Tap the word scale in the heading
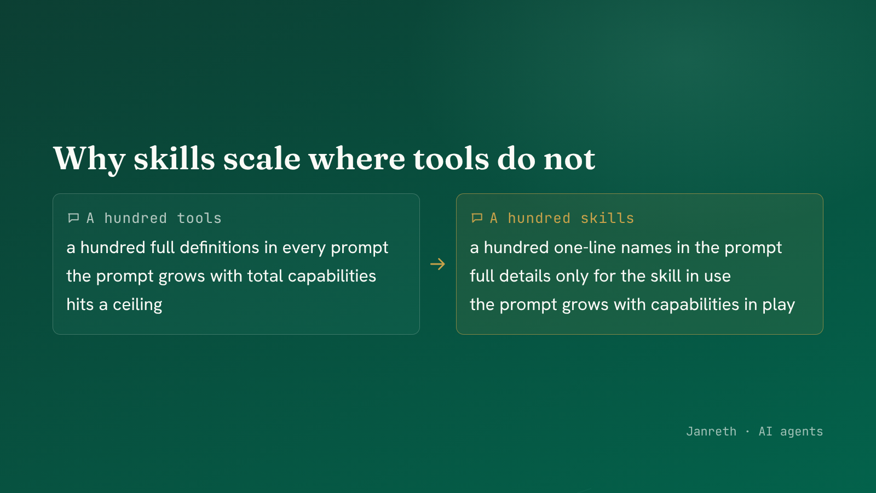click(x=262, y=158)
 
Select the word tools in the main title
click(x=451, y=158)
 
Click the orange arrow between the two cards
click(x=437, y=264)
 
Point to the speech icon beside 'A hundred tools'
click(x=73, y=218)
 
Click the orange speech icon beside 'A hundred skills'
click(x=477, y=218)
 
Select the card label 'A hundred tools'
click(x=154, y=218)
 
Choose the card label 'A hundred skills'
click(x=562, y=218)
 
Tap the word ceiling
click(x=137, y=305)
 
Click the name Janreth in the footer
click(x=711, y=431)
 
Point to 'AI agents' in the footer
click(x=791, y=432)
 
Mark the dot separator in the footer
click(x=748, y=432)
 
